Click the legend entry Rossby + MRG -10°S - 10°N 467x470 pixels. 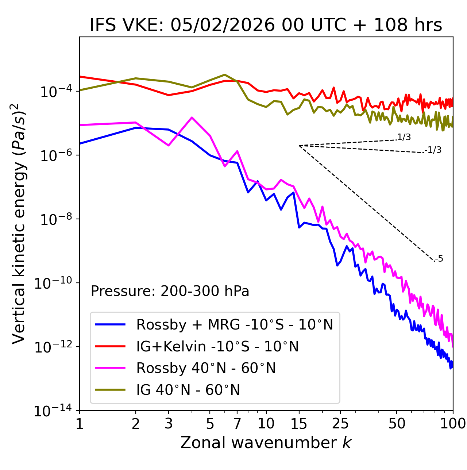click(x=234, y=324)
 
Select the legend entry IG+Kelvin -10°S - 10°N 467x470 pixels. click(x=217, y=346)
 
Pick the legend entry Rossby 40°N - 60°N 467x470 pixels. click(x=206, y=368)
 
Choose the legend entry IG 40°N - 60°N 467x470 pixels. click(x=188, y=390)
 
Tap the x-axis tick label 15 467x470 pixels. click(x=299, y=424)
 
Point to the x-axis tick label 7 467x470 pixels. click(x=237, y=424)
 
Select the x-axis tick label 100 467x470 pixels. click(x=453, y=424)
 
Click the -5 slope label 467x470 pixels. click(x=439, y=259)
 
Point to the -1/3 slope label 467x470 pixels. click(x=433, y=150)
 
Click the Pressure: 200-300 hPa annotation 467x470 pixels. click(x=170, y=291)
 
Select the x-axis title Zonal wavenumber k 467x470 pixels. click(x=266, y=443)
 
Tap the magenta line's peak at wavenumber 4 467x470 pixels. click(x=192, y=117)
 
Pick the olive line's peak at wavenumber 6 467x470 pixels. click(x=225, y=75)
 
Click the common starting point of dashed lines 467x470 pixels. click(x=299, y=146)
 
